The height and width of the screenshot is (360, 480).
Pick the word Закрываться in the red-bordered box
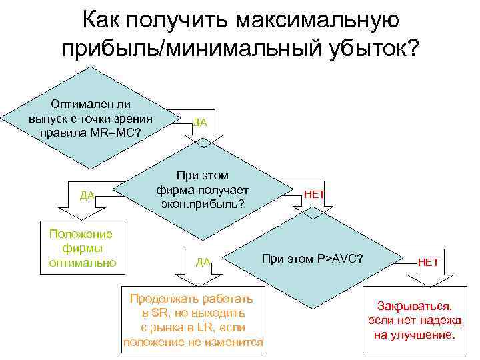(414, 307)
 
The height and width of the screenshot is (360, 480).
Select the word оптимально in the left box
(83, 262)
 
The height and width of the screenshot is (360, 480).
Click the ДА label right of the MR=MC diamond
(199, 123)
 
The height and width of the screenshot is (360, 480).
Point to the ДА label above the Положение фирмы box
(87, 195)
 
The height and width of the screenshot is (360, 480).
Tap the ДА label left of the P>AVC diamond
(203, 261)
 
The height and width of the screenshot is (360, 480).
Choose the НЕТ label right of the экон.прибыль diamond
(314, 193)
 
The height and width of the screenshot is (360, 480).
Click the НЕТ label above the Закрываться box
(428, 262)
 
